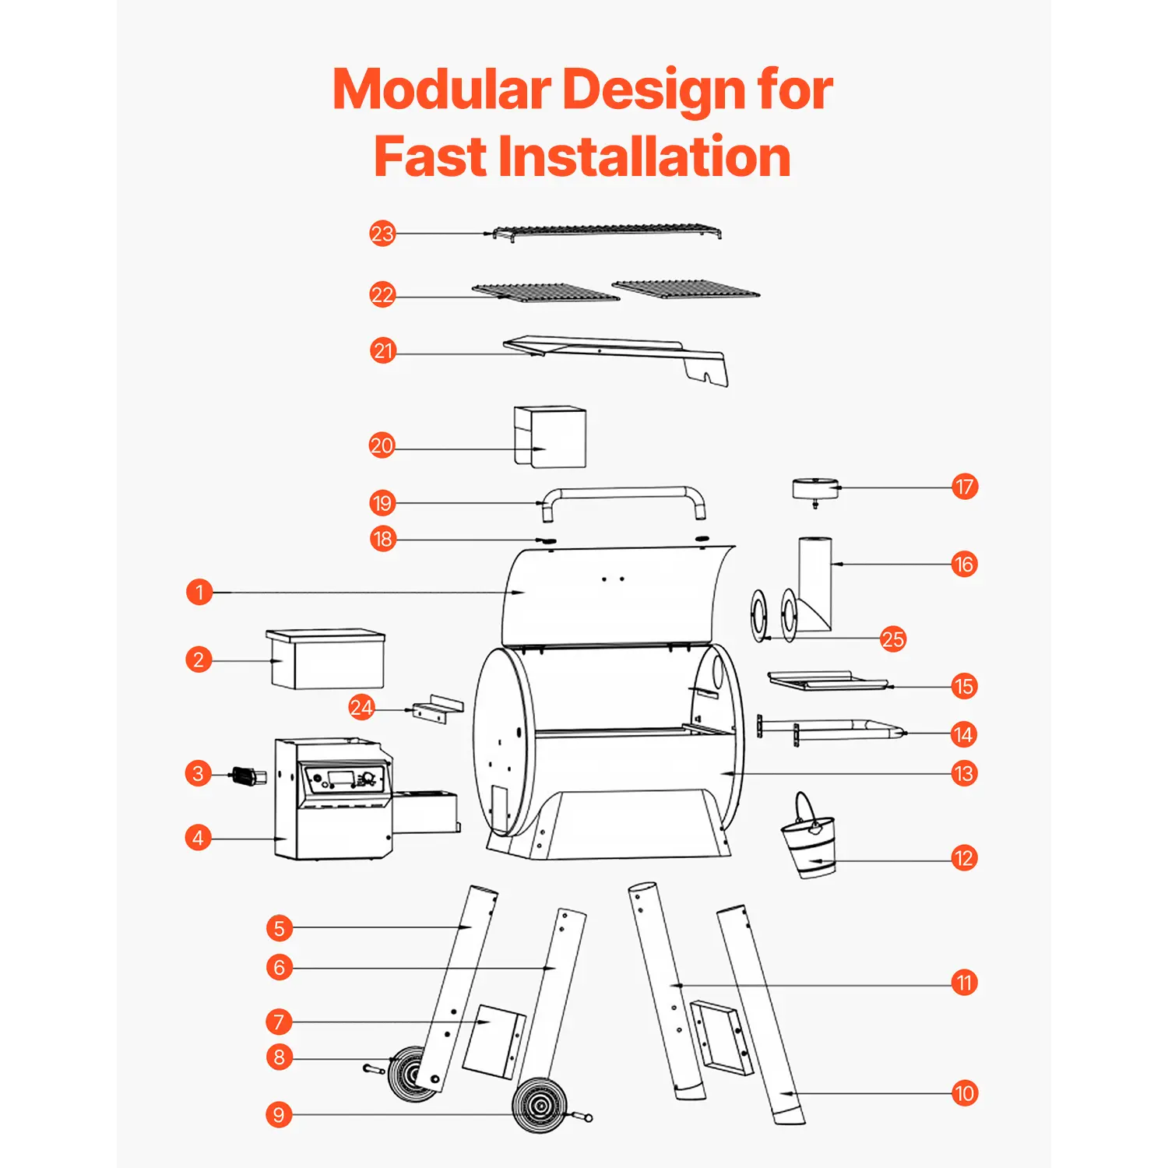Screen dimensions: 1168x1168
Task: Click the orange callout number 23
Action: (382, 234)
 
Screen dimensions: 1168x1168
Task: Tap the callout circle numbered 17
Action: (965, 487)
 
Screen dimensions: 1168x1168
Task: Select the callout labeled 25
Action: (893, 639)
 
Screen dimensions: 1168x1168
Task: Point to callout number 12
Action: (964, 858)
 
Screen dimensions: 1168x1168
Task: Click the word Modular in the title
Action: (442, 90)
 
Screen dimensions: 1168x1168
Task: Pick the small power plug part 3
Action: (248, 776)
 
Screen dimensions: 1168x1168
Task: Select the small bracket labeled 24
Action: (437, 709)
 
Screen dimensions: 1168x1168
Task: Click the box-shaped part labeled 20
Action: (550, 437)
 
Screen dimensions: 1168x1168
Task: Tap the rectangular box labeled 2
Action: (326, 659)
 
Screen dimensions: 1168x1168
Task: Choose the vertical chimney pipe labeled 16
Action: (814, 584)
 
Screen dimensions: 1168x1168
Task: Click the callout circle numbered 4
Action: (199, 838)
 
